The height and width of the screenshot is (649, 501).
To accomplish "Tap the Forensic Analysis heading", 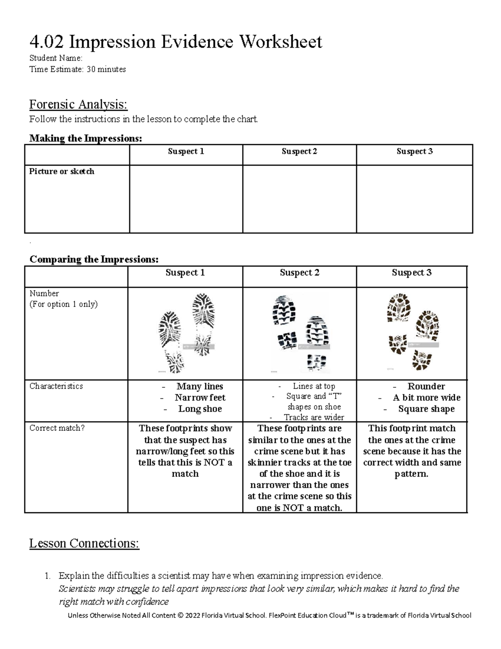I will coord(78,104).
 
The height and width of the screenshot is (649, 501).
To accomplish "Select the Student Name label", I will coord(56,58).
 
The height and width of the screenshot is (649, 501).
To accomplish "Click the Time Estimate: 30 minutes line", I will coord(77,69).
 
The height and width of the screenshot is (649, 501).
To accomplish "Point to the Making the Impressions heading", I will coord(86,138).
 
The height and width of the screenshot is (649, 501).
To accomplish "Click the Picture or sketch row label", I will coord(62,171).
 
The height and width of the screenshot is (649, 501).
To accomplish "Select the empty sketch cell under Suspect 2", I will coord(299,199).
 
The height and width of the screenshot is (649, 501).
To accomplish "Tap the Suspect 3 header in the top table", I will coord(414,152).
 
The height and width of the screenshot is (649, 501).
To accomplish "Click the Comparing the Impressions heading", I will coord(94,260).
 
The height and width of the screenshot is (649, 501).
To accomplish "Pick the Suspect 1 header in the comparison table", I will coord(185,273).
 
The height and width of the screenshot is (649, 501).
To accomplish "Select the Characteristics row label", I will coord(56,386).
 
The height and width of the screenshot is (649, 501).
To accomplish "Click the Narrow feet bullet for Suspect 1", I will coord(200,397).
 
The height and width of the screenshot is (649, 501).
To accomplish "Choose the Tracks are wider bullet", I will coord(314,417).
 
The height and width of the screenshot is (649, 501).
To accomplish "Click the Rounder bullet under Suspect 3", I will coord(426,386).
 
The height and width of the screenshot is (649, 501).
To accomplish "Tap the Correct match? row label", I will coord(57,428).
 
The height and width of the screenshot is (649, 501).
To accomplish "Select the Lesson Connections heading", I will coord(84,543).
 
